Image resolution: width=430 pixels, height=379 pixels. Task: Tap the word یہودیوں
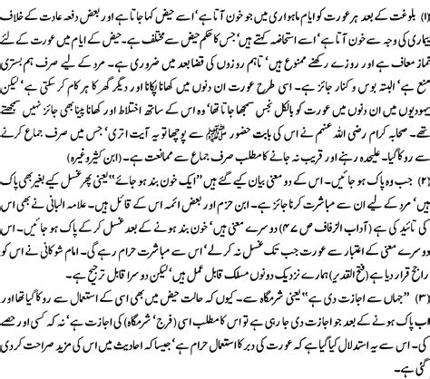pyautogui.click(x=404, y=112)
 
